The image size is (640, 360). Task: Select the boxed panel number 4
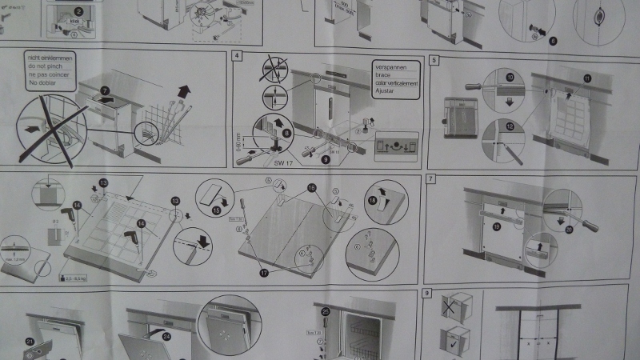(x=238, y=56)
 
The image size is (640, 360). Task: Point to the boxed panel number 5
(x=433, y=59)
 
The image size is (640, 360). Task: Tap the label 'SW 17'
(x=278, y=163)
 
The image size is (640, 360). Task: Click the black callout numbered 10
(x=510, y=78)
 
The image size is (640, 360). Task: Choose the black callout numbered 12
(x=510, y=127)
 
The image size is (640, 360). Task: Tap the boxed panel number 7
(x=431, y=179)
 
